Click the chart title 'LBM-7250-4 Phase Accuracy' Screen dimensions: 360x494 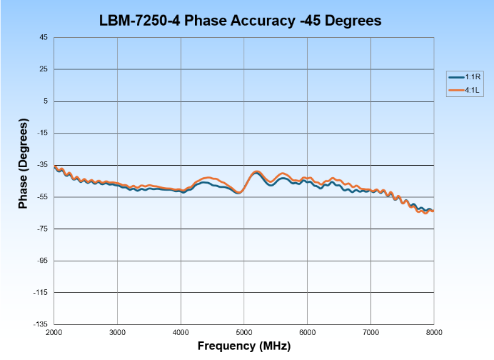241,21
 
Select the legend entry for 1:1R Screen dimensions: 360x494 465,76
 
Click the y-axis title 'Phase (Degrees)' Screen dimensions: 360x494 23,165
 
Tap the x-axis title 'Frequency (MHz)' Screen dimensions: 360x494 244,346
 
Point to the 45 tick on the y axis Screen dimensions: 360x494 43,38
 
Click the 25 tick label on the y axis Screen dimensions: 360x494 43,69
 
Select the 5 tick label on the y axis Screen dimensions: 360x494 45,101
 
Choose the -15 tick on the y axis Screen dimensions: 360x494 42,134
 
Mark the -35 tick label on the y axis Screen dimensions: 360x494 42,165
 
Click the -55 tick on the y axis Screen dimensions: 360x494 42,197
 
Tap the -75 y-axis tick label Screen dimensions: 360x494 42,229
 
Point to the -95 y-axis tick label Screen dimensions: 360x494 42,261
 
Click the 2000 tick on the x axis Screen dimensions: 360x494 54,332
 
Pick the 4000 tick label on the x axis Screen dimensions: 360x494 181,332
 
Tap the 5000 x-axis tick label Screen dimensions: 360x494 244,332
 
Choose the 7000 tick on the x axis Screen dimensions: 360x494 370,332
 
